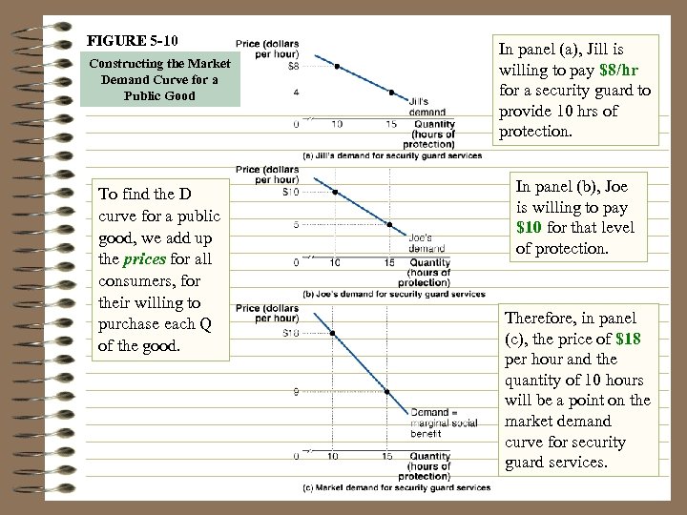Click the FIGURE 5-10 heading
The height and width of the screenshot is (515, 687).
coord(132,42)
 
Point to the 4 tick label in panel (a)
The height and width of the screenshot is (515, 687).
coord(297,93)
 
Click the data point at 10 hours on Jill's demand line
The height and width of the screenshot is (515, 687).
coord(336,67)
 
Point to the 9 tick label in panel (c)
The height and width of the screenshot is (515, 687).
coord(297,390)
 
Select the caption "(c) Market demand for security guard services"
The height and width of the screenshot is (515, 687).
coord(395,488)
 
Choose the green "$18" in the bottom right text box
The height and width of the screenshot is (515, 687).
coord(628,339)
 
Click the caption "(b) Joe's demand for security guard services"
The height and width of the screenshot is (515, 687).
coord(393,293)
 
